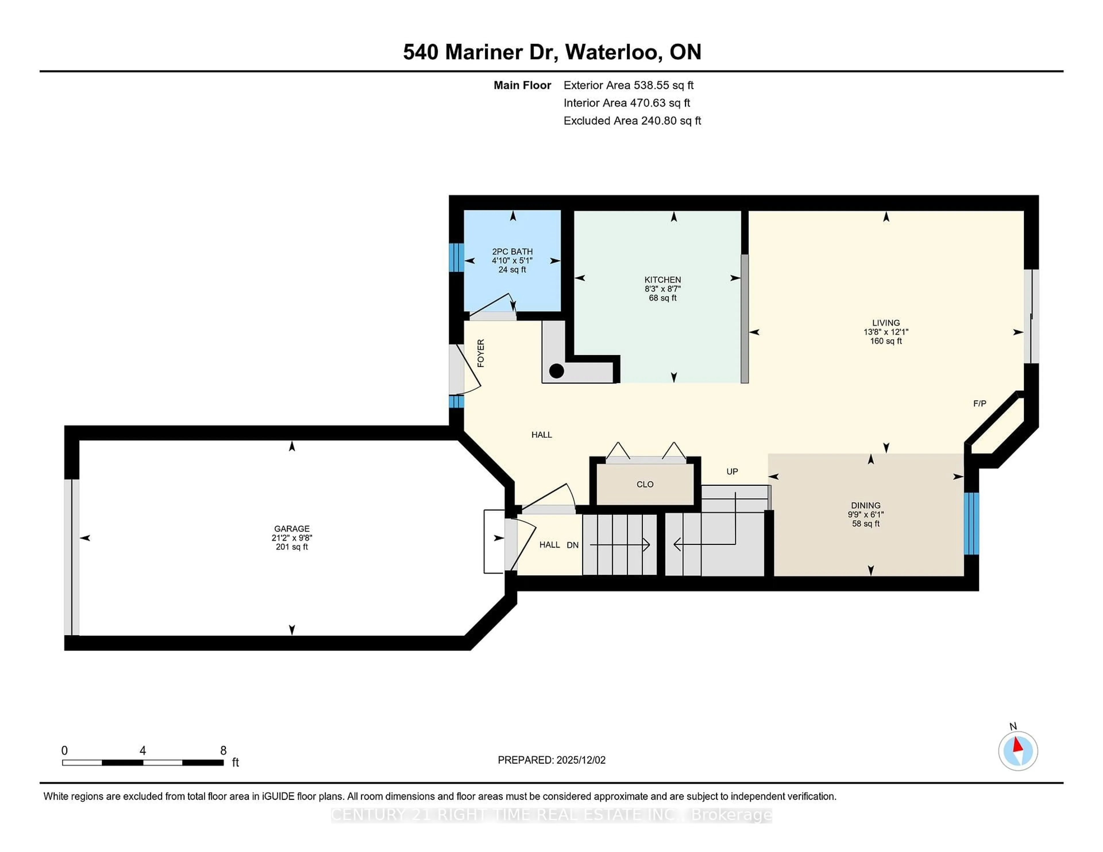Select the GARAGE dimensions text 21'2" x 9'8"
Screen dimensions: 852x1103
(x=292, y=538)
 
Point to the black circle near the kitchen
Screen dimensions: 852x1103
(x=556, y=371)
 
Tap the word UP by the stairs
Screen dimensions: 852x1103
(x=732, y=471)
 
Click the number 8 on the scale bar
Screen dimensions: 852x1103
(x=223, y=751)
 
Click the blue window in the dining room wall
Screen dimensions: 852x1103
(x=971, y=523)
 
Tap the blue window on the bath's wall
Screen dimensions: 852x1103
(x=456, y=257)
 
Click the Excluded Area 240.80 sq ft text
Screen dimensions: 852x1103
(x=632, y=121)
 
